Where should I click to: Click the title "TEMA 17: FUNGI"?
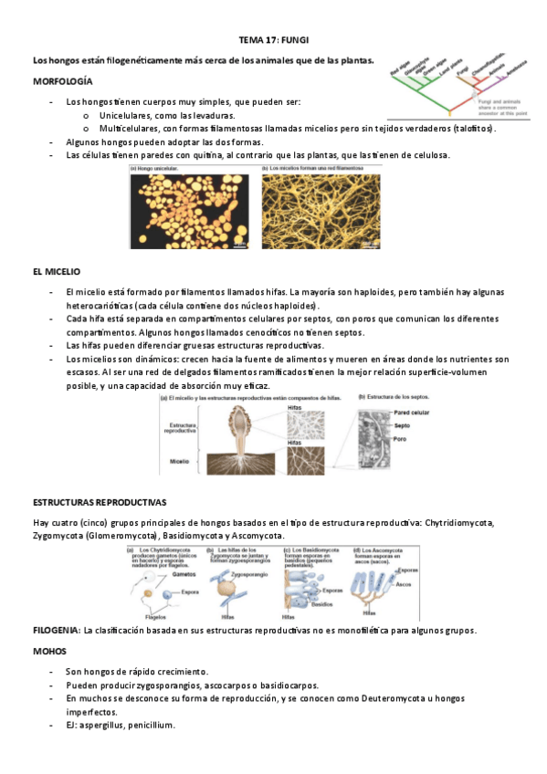(273, 41)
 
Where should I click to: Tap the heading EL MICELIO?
(57, 272)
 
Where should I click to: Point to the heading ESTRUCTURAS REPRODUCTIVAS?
(100, 503)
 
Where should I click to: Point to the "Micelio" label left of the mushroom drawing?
(180, 461)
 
